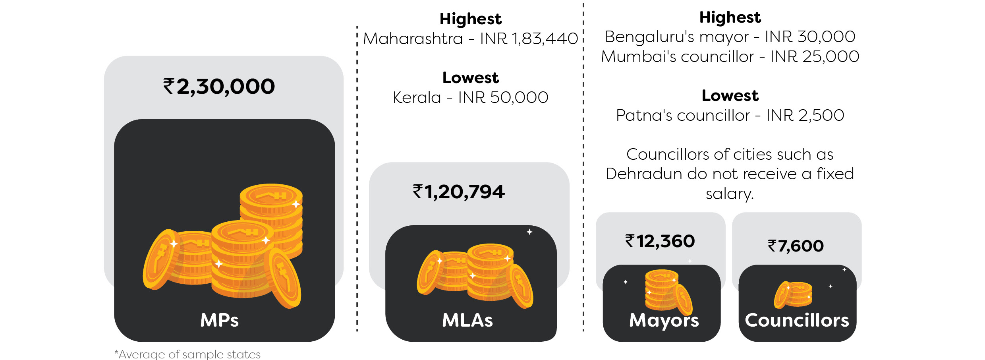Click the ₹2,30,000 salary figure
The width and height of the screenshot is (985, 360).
point(219,87)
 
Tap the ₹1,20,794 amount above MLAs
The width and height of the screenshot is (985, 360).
point(459,192)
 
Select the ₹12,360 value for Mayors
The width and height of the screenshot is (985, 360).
point(660,241)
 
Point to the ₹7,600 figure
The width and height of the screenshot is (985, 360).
point(796,246)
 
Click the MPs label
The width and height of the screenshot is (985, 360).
point(219,320)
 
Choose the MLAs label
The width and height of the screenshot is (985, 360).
point(467,320)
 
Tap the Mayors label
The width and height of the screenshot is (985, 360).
point(664,320)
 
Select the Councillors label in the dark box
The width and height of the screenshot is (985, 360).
point(797,320)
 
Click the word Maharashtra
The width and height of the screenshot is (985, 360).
point(413,39)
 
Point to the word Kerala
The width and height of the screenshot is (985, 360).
point(417,98)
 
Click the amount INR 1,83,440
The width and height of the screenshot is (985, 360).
point(529,39)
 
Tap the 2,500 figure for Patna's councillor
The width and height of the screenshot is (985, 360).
point(821,116)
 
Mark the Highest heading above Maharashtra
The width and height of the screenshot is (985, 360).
point(470,19)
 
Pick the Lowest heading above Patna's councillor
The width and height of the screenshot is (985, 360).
point(730,96)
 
